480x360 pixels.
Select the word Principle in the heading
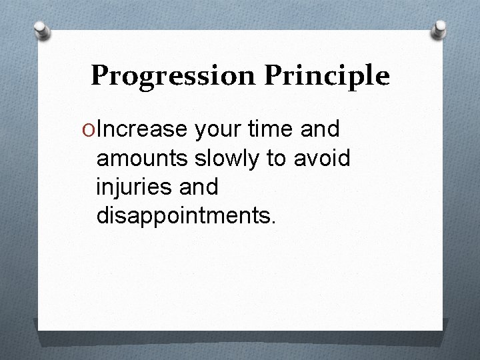click(326, 77)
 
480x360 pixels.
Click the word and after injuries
click(199, 187)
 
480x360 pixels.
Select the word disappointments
click(182, 216)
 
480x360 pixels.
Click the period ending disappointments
click(271, 223)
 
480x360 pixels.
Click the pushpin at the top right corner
click(440, 27)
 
